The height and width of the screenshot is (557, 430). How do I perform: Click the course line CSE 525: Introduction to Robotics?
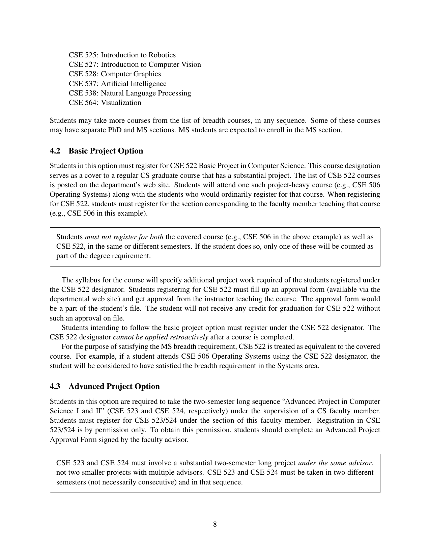coord(122,55)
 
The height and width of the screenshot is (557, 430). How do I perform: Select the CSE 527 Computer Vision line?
coord(135,64)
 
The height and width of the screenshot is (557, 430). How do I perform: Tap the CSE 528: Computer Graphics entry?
coord(115,74)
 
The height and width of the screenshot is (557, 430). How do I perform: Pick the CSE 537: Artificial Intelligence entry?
coord(117,84)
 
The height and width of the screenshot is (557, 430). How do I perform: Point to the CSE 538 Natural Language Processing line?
coord(130,93)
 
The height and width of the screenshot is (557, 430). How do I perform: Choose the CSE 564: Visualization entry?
coord(105,103)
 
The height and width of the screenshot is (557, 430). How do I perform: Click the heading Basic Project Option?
coord(106,151)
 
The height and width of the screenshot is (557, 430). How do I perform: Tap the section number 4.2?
coord(55,151)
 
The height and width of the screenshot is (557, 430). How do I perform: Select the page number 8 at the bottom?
coord(215,524)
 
